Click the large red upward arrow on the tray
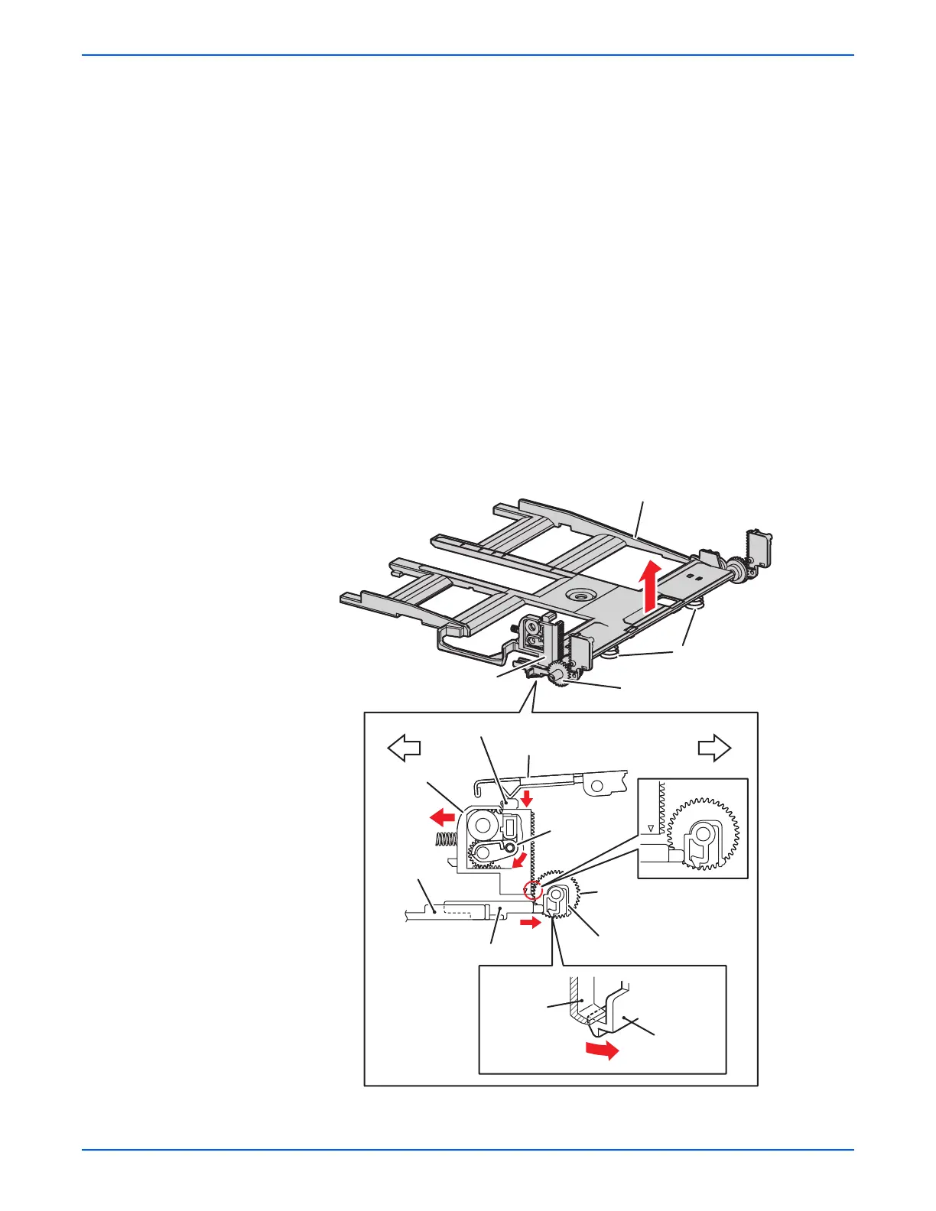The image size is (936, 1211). click(x=649, y=586)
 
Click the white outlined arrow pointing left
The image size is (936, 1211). click(x=405, y=748)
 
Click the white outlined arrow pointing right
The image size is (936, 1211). click(x=715, y=748)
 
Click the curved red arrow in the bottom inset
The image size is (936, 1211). click(x=600, y=1051)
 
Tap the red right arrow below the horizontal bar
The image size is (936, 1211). click(x=528, y=924)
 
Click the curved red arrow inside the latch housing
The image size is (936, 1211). click(x=519, y=862)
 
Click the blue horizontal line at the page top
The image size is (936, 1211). click(x=468, y=55)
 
